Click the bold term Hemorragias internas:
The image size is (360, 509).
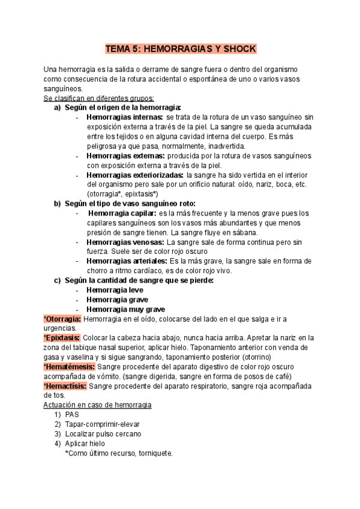pos(125,117)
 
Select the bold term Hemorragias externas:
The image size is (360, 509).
pos(125,155)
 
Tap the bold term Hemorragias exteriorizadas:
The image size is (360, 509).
pos(135,175)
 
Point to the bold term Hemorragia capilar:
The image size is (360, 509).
pos(122,213)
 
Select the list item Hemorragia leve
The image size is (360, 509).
pos(115,290)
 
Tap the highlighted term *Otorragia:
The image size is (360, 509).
pos(62,319)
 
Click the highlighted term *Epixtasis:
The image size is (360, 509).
pos(62,338)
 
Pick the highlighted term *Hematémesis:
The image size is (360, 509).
pos(69,367)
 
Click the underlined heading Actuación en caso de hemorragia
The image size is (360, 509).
pos(98,405)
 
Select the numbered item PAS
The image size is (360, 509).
pos(72,415)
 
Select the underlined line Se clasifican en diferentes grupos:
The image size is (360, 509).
pos(99,98)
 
